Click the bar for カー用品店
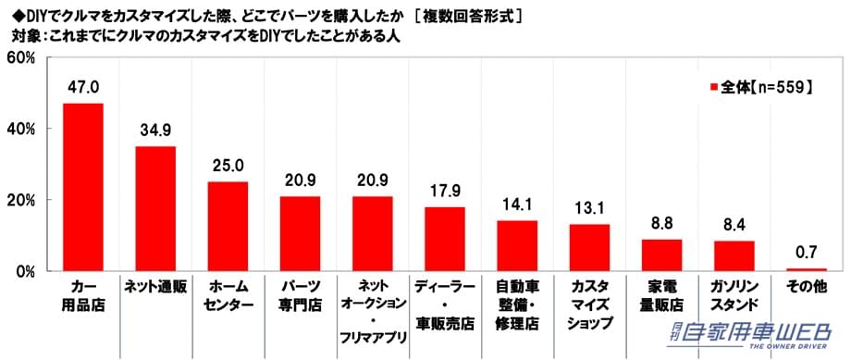(82, 187)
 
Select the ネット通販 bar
(154, 208)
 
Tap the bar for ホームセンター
(227, 226)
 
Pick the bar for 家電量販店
(661, 254)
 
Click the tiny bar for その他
(806, 269)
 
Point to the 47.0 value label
(82, 88)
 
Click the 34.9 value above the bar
(154, 130)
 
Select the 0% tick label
(25, 272)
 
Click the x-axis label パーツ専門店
(299, 294)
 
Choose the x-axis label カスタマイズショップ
(589, 304)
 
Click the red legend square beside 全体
(713, 87)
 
